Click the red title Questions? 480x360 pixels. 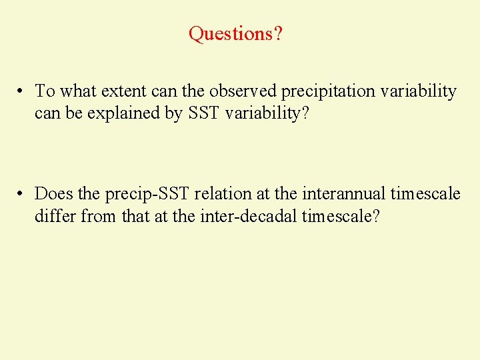pyautogui.click(x=235, y=33)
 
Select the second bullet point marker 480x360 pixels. pyautogui.click(x=22, y=194)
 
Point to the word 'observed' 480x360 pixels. pyautogui.click(x=236, y=91)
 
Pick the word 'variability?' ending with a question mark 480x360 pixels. pyautogui.click(x=267, y=114)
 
